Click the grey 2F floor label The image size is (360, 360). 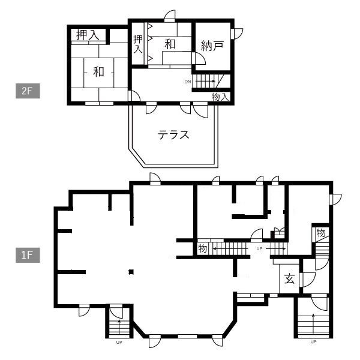tap(28, 91)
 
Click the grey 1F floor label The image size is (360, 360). tap(28, 255)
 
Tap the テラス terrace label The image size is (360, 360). tap(173, 135)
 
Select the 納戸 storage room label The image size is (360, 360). tap(212, 46)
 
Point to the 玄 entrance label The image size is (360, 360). tap(289, 278)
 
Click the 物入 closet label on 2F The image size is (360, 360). tap(220, 97)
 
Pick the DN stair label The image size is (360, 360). tap(188, 82)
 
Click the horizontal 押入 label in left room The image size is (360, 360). tap(88, 35)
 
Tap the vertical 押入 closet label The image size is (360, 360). tap(138, 44)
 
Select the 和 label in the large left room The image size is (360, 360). tap(99, 72)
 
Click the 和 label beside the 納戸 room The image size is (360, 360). tap(170, 44)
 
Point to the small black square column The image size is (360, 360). tap(131, 272)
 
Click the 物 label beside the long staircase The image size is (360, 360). tap(203, 248)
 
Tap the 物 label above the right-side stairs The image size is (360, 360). tap(321, 233)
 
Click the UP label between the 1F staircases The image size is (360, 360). tap(259, 248)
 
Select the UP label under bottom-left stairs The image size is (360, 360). tap(119, 343)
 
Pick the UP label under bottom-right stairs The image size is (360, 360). tap(313, 341)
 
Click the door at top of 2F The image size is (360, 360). tap(170, 16)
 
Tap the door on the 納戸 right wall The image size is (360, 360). tap(237, 34)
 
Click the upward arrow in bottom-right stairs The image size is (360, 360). tap(313, 324)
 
